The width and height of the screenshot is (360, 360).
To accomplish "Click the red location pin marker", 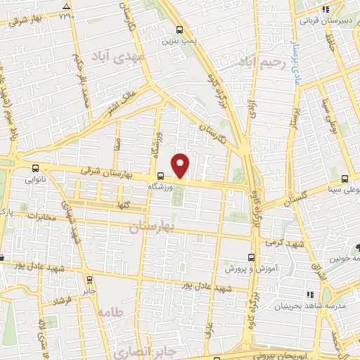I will [x=181, y=165].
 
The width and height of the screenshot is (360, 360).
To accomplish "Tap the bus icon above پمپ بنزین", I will [x=181, y=30].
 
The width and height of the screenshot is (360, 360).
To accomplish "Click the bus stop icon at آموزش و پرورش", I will [x=252, y=257].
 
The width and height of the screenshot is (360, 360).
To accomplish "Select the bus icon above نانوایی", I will [x=35, y=168].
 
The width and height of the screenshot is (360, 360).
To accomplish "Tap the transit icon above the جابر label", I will [x=90, y=278].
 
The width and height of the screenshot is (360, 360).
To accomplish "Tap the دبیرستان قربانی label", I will [x=325, y=20].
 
